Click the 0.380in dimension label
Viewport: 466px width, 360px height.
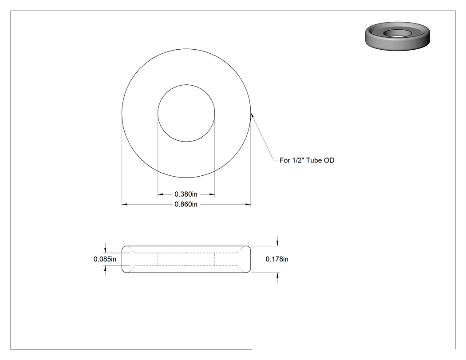(186, 194)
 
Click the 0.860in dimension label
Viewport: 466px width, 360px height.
(186, 205)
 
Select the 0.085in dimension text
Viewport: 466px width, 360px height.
(105, 259)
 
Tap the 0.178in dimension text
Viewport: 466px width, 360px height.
(277, 259)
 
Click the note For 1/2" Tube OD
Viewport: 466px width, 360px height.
(307, 160)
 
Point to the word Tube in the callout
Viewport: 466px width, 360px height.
(314, 160)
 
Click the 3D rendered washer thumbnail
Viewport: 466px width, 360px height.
(398, 36)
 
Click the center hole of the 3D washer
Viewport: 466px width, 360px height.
(397, 34)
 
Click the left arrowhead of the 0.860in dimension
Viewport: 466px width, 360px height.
(125, 205)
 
